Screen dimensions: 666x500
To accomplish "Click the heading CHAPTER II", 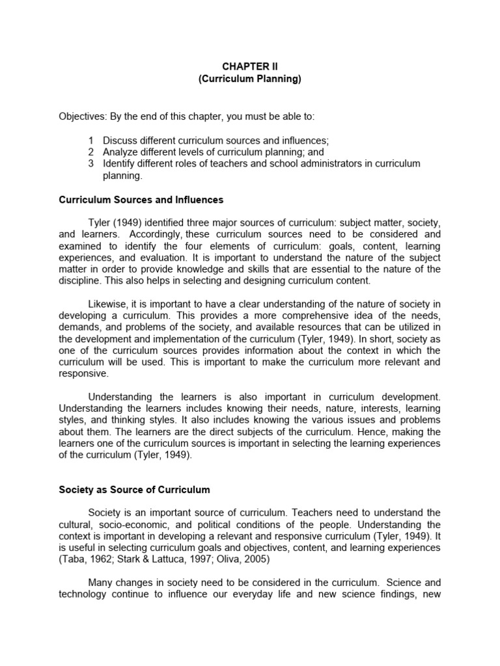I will click(250, 66).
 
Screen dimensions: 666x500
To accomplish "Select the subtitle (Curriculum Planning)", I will click(250, 79).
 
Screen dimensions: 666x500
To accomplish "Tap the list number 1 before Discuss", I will click(91, 140).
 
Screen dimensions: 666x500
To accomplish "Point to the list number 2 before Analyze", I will click(91, 152).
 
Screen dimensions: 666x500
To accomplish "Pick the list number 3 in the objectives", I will click(91, 164).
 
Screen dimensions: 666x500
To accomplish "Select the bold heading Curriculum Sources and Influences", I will click(141, 200).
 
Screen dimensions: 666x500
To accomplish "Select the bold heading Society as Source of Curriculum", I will click(135, 489).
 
